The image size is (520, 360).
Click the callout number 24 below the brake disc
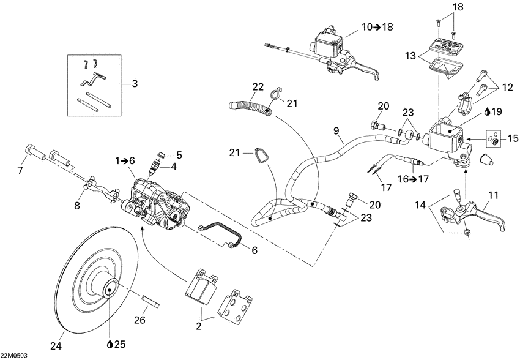[56, 346]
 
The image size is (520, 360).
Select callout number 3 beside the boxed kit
[134, 83]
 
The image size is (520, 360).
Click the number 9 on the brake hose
[335, 130]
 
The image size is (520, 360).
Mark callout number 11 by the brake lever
[493, 195]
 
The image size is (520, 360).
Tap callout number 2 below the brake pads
[198, 327]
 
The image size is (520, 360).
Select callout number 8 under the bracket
[77, 206]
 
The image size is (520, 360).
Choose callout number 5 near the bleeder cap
[179, 154]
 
